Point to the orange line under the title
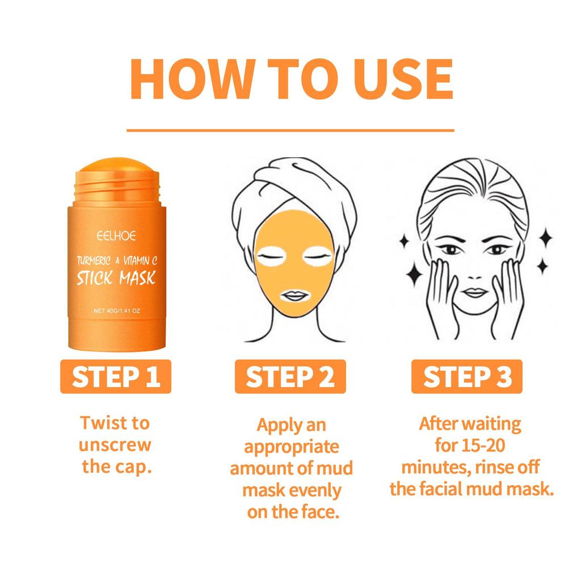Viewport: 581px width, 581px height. tap(290, 130)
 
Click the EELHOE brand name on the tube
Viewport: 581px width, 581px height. tap(116, 234)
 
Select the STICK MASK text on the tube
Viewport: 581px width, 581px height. tap(116, 279)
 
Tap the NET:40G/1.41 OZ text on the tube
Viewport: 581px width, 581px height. tap(116, 311)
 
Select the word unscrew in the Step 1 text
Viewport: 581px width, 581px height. tap(116, 445)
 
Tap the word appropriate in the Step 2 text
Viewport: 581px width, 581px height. tap(292, 447)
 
